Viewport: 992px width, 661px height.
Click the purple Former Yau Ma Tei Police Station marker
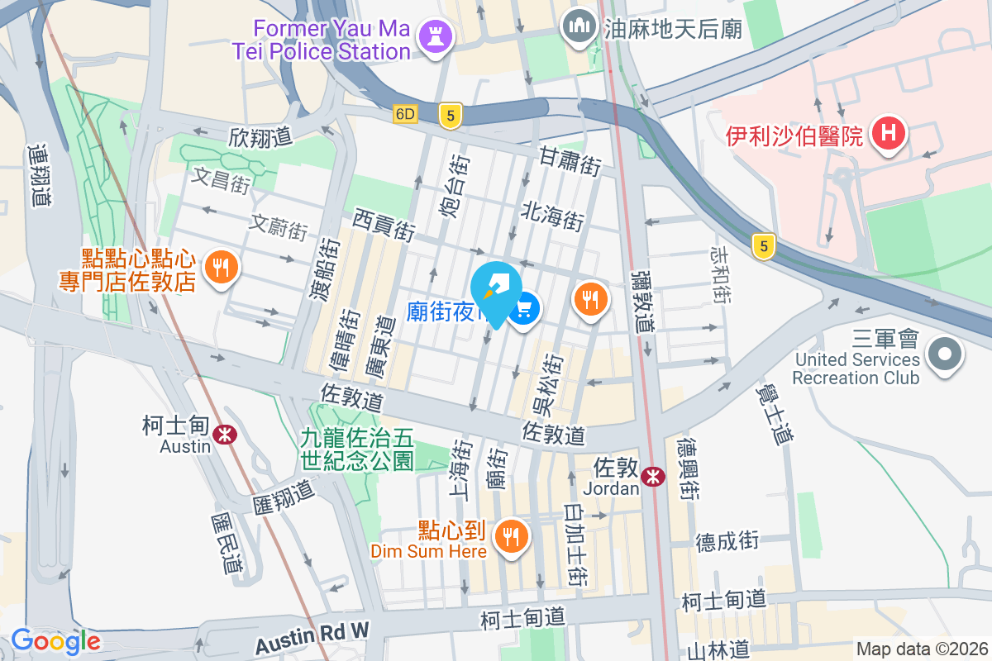432,37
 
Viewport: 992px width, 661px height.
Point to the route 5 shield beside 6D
450,116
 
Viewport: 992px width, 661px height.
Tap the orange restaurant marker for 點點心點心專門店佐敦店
220,267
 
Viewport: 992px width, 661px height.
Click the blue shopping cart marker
523,311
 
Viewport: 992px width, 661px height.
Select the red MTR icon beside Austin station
222,434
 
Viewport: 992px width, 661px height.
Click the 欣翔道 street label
261,136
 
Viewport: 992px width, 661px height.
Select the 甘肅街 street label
570,161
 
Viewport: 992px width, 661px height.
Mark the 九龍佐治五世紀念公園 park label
357,448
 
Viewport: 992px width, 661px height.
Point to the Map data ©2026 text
922,649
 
